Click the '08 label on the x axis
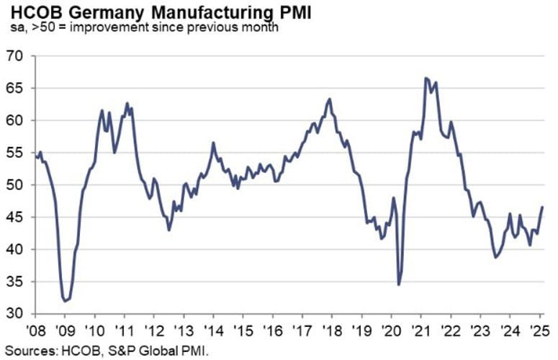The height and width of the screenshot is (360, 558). pos(35,333)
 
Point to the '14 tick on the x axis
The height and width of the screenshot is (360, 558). pos(213,333)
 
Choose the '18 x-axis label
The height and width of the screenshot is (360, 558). pos(332,333)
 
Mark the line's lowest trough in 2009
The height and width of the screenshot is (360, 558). pos(65,301)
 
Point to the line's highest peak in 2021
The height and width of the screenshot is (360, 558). pos(426,78)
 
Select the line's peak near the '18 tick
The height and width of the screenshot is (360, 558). pos(329,99)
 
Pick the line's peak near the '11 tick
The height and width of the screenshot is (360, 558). pos(127,103)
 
